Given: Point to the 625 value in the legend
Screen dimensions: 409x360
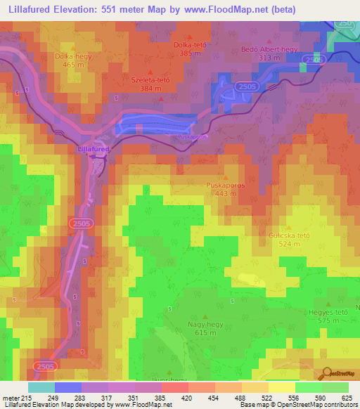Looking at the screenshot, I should (347, 398).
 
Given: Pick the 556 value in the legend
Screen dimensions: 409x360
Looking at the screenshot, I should (293, 398).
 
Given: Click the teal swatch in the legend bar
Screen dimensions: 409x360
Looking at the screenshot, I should (41, 387).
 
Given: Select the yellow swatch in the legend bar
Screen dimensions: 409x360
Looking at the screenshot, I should (281, 387).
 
